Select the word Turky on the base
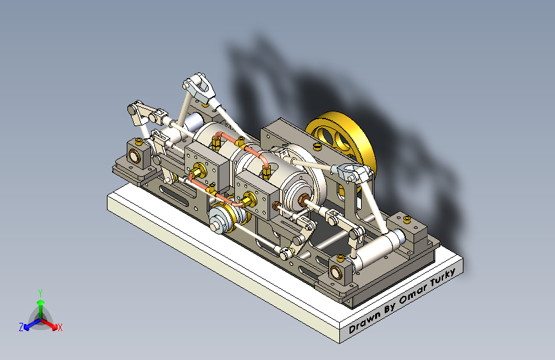click(443, 278)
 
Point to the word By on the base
click(390, 307)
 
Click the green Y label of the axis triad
click(40, 293)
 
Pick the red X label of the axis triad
click(60, 327)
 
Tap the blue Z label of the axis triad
click(21, 327)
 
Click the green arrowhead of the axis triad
click(41, 303)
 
